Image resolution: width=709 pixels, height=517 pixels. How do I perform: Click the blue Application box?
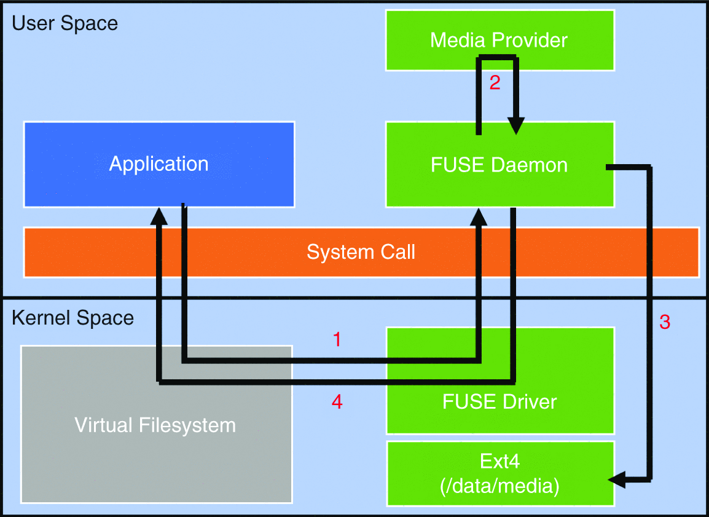[159, 164]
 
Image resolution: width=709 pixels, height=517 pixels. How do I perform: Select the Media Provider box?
[499, 40]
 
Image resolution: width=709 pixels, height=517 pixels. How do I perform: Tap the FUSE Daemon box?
[499, 164]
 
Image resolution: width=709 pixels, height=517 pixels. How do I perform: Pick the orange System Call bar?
[361, 252]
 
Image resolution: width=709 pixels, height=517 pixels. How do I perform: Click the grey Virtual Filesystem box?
[155, 425]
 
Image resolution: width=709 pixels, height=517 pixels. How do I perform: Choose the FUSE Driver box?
[499, 402]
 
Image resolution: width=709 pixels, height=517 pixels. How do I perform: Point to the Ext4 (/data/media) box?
[499, 474]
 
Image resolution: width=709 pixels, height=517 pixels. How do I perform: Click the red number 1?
[337, 339]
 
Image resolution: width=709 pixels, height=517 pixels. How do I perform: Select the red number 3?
[665, 322]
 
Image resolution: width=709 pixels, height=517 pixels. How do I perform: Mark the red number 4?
[337, 402]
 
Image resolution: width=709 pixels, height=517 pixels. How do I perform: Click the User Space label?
[65, 24]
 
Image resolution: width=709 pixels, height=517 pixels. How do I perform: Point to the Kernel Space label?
[72, 318]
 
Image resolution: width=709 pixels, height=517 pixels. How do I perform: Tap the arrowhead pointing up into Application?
[159, 215]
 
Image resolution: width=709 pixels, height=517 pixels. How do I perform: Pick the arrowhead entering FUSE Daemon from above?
[515, 127]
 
